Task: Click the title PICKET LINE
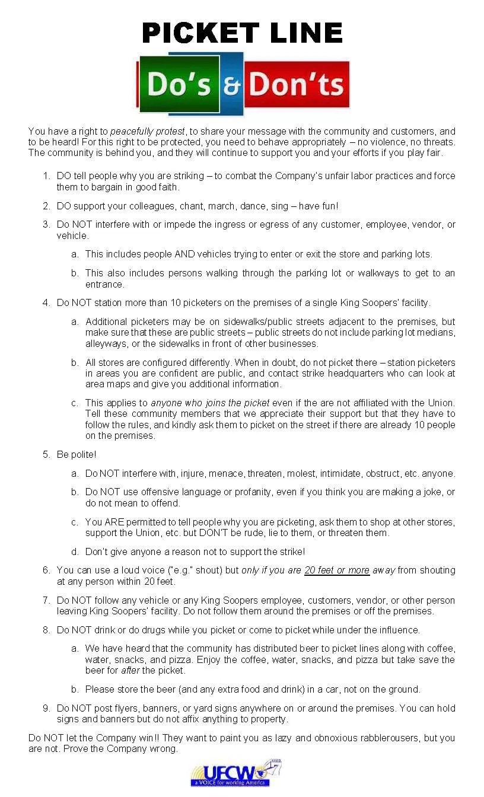pyautogui.click(x=242, y=33)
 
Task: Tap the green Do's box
pyautogui.click(x=179, y=84)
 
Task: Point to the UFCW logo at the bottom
pyautogui.click(x=235, y=773)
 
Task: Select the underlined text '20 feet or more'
pyautogui.click(x=337, y=570)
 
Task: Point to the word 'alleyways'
pyautogui.click(x=104, y=343)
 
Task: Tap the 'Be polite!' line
pyautogui.click(x=76, y=454)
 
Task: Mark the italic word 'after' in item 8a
pyautogui.click(x=130, y=671)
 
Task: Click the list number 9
pyautogui.click(x=46, y=708)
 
